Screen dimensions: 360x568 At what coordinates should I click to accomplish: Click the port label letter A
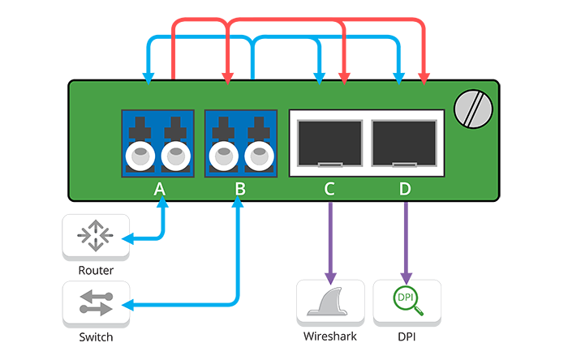click(x=159, y=189)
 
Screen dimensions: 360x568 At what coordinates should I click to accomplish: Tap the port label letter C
click(x=329, y=189)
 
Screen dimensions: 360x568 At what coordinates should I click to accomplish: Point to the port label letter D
click(x=405, y=189)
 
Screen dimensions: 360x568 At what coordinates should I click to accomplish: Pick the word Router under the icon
click(x=96, y=270)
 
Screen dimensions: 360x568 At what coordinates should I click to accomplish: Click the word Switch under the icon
click(x=96, y=337)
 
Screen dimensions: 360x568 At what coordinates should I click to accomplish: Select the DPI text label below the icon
click(x=407, y=336)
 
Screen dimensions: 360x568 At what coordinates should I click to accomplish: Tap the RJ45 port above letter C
click(x=329, y=142)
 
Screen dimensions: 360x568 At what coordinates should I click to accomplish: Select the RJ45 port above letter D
click(x=405, y=142)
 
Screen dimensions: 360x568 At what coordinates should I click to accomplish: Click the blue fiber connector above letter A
click(x=159, y=142)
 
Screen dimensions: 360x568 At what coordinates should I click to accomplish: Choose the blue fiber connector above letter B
click(x=239, y=142)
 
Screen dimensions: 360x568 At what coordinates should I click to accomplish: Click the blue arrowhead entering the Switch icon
click(x=127, y=306)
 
